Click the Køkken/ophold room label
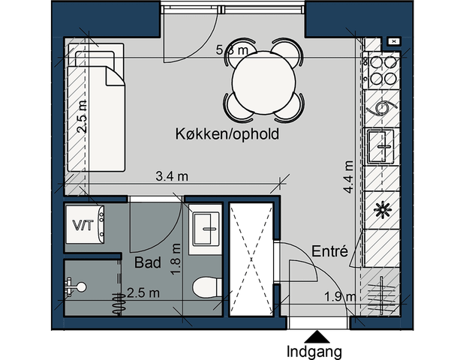click(227, 135)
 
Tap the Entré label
click(329, 252)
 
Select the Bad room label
click(147, 263)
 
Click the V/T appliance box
click(83, 224)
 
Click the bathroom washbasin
click(205, 226)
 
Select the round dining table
click(265, 79)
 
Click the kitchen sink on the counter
click(383, 145)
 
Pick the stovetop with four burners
click(383, 68)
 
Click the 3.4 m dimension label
click(171, 177)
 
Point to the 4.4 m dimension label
click(348, 177)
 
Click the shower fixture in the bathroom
click(75, 286)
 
